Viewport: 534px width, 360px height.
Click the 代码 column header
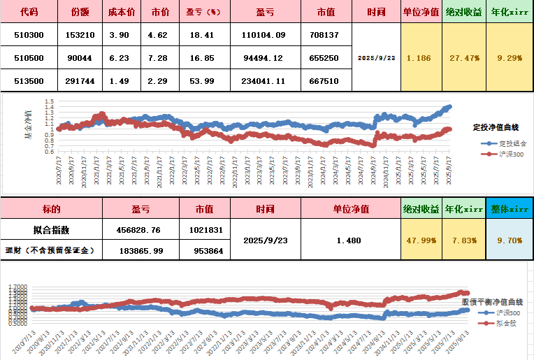(29, 13)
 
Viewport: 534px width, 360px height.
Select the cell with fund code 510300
(29, 34)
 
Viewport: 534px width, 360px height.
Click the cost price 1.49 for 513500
(119, 81)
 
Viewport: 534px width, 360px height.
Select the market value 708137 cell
(324, 34)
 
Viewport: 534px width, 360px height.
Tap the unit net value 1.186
(419, 57)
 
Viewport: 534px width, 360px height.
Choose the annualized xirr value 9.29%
(510, 57)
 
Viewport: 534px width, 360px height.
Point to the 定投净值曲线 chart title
(496, 127)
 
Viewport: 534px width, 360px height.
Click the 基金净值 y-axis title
(29, 126)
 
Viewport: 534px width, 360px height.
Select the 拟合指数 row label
(51, 229)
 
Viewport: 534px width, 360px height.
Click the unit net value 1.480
(348, 240)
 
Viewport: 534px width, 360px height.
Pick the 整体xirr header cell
(509, 208)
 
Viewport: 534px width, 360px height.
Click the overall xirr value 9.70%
(509, 240)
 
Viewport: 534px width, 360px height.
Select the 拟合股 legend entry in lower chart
(503, 322)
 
